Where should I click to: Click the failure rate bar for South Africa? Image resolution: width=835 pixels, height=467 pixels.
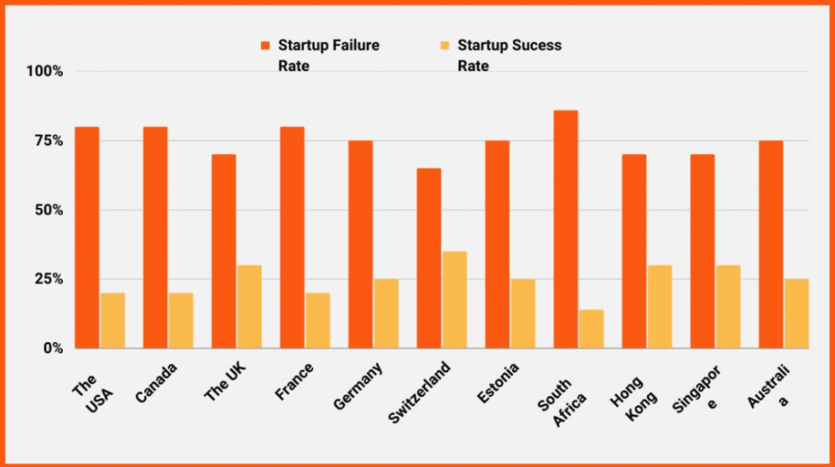coord(566,230)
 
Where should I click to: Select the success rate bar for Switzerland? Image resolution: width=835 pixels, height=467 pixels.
coord(455,300)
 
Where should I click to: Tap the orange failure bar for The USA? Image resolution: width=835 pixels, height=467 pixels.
coord(86,237)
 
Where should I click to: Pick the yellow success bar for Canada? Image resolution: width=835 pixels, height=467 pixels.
coord(181,320)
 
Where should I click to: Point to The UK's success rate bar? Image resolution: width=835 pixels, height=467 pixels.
coord(250,306)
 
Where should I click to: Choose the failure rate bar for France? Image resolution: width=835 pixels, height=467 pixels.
coord(293,237)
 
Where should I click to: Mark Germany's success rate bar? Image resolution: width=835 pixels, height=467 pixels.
coord(386,314)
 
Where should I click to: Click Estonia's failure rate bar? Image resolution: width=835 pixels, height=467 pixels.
coord(497,245)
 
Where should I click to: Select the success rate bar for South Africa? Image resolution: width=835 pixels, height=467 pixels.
coord(592,329)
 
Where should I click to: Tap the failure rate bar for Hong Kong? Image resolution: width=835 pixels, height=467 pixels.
coord(634,251)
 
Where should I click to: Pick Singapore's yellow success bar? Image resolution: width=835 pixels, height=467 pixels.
coord(728,306)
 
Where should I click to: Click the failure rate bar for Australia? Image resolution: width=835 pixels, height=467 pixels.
coord(771,245)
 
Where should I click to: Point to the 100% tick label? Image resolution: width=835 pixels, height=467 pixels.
coord(45,72)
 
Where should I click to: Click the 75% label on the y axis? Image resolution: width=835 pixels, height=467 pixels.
coord(49,141)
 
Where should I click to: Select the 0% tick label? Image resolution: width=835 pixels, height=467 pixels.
coord(53,348)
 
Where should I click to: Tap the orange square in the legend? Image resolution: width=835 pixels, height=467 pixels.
coord(265,46)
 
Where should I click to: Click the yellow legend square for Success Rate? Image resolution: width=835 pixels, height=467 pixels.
coord(444,46)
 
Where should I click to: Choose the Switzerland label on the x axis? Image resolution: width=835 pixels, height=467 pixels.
coord(420,393)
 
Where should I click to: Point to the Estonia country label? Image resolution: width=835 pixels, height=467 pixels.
coord(497,383)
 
